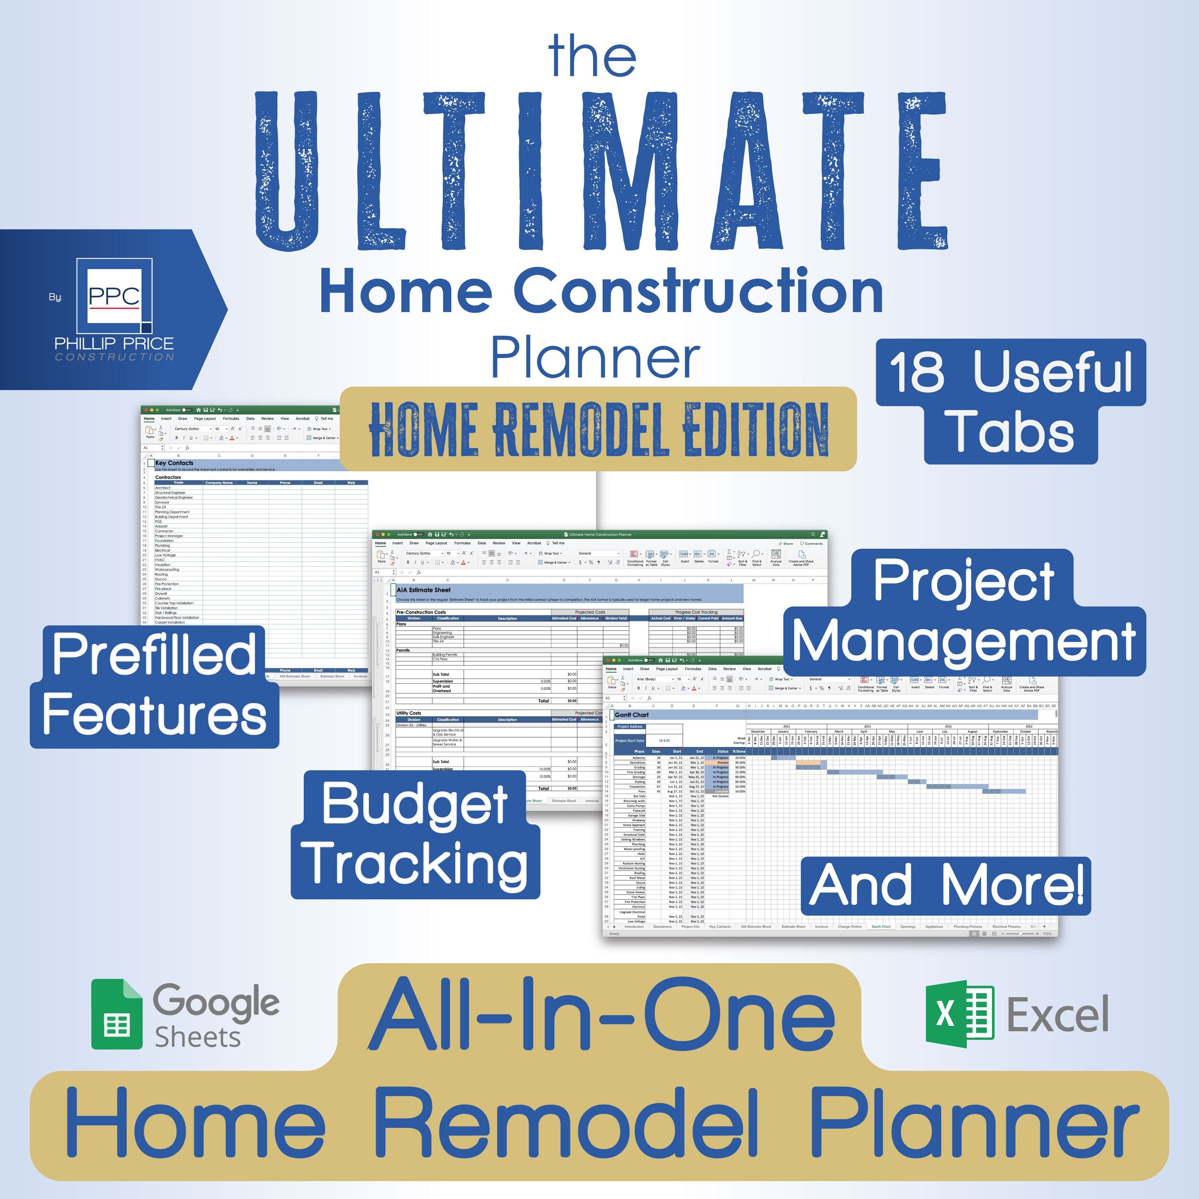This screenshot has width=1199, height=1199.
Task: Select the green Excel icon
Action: tap(959, 1014)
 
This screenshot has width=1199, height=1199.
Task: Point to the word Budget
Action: tap(414, 804)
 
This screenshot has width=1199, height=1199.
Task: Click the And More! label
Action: tap(945, 886)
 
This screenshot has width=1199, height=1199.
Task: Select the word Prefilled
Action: tap(154, 655)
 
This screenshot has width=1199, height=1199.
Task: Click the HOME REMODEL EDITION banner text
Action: tap(598, 429)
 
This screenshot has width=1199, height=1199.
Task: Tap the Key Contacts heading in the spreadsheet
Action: tap(174, 463)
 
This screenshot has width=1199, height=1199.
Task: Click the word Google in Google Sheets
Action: tap(216, 1002)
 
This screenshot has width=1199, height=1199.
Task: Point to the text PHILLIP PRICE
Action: tap(114, 343)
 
